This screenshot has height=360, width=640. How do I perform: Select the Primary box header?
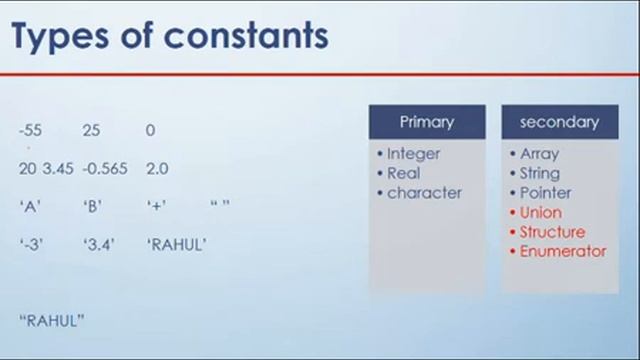(427, 123)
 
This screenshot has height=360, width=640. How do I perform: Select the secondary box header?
(559, 123)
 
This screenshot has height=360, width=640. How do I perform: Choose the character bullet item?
(424, 193)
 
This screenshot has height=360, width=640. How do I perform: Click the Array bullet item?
(539, 154)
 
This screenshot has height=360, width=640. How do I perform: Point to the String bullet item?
(539, 173)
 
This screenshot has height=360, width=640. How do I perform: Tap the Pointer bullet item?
(545, 193)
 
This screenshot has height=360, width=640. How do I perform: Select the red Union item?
(540, 212)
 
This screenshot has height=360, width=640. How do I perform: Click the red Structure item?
(552, 232)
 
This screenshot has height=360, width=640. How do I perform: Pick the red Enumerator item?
(562, 251)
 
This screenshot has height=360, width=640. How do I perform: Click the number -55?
(30, 131)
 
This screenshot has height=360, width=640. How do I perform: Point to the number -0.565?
(105, 168)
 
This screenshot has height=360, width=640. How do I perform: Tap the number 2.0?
(157, 168)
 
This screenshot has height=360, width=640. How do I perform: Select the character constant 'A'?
(29, 206)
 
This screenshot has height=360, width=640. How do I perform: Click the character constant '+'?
(155, 206)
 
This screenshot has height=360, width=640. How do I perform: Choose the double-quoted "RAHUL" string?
(51, 319)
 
